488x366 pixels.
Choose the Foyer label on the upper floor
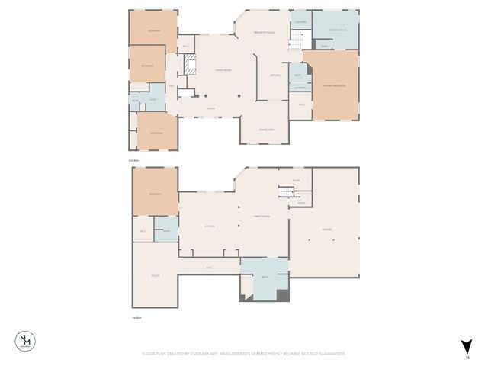click(x=211, y=109)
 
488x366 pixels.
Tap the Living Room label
click(x=223, y=70)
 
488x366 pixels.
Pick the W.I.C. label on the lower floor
click(x=143, y=230)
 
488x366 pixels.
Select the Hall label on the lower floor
click(x=208, y=268)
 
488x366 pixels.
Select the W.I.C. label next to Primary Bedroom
click(x=301, y=104)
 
